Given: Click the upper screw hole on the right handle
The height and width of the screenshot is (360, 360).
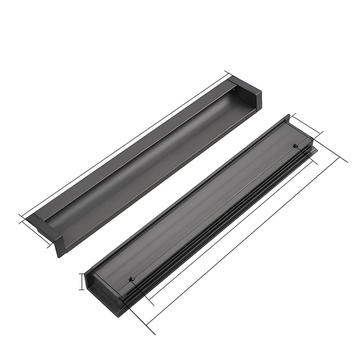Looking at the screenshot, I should point(295,146).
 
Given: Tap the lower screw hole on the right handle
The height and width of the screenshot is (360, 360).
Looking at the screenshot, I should point(132,278).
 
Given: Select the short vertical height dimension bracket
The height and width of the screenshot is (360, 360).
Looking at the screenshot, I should point(82,282).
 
